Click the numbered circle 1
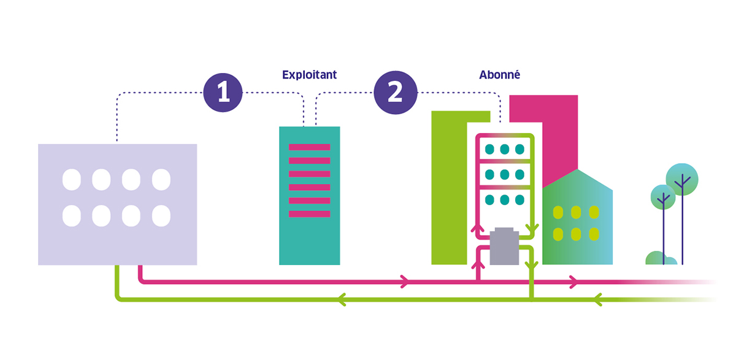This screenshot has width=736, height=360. tap(223, 93)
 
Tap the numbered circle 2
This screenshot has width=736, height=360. tap(396, 93)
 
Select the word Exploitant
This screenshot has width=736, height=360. tap(309, 75)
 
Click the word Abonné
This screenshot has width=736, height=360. tap(499, 75)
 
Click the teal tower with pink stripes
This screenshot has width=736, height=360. tap(309, 239)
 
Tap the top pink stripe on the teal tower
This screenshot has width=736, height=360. tap(309, 147)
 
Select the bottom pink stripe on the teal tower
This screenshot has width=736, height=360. tap(309, 214)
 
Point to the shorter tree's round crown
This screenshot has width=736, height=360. tap(663, 197)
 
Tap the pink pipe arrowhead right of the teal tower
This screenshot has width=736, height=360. tap(405, 281)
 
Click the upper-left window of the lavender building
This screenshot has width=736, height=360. tap(72, 180)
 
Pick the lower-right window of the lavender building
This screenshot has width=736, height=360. tap(161, 215)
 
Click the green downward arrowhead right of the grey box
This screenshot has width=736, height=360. tap(532, 229)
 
